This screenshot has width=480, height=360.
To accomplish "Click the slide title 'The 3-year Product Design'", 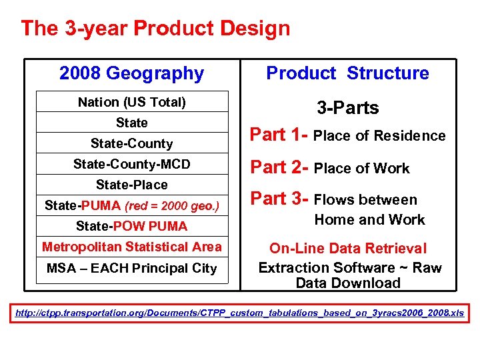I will (x=155, y=29).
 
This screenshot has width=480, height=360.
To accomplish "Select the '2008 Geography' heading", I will (x=131, y=73).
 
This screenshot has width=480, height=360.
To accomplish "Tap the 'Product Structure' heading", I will (x=347, y=73).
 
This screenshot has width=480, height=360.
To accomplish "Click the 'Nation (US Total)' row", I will (x=132, y=102).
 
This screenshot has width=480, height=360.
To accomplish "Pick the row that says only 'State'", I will (x=132, y=123).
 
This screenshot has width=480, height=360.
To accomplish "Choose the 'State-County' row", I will (x=132, y=143).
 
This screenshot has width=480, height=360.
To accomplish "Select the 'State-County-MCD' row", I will (x=132, y=164).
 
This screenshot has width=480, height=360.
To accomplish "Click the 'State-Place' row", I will (x=132, y=185).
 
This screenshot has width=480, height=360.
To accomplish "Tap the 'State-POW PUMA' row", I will (x=132, y=226).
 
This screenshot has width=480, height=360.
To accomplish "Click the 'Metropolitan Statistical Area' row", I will (x=132, y=247).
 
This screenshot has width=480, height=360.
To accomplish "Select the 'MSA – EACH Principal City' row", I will (x=132, y=268).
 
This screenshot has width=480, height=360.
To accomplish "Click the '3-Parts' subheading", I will (x=347, y=108).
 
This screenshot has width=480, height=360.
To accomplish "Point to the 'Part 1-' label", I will (x=279, y=135).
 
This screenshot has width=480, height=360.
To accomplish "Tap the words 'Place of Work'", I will (x=362, y=169).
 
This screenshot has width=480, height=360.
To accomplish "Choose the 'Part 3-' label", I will (x=279, y=199).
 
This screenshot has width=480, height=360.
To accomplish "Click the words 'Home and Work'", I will (x=369, y=219).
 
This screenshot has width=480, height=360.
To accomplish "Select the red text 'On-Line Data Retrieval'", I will (x=348, y=249).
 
